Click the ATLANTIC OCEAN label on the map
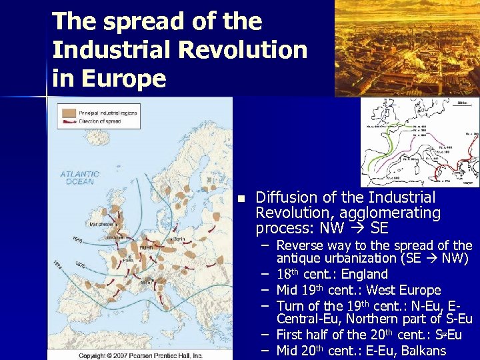[81, 177]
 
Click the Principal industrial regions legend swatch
[68, 113]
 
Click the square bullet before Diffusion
[242, 199]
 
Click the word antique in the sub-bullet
[300, 258]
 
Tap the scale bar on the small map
[459, 103]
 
